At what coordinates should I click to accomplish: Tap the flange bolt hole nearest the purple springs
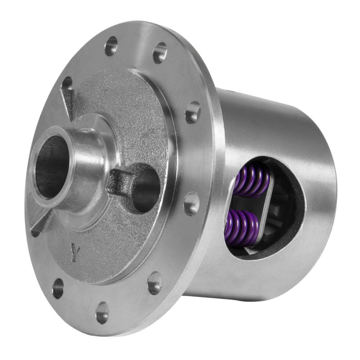point(192,203)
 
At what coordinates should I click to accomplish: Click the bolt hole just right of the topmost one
point(160,53)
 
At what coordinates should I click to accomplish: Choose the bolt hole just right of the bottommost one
point(155,283)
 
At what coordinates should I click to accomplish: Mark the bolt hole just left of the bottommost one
point(58,288)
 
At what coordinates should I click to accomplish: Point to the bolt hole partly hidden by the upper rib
point(67,83)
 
